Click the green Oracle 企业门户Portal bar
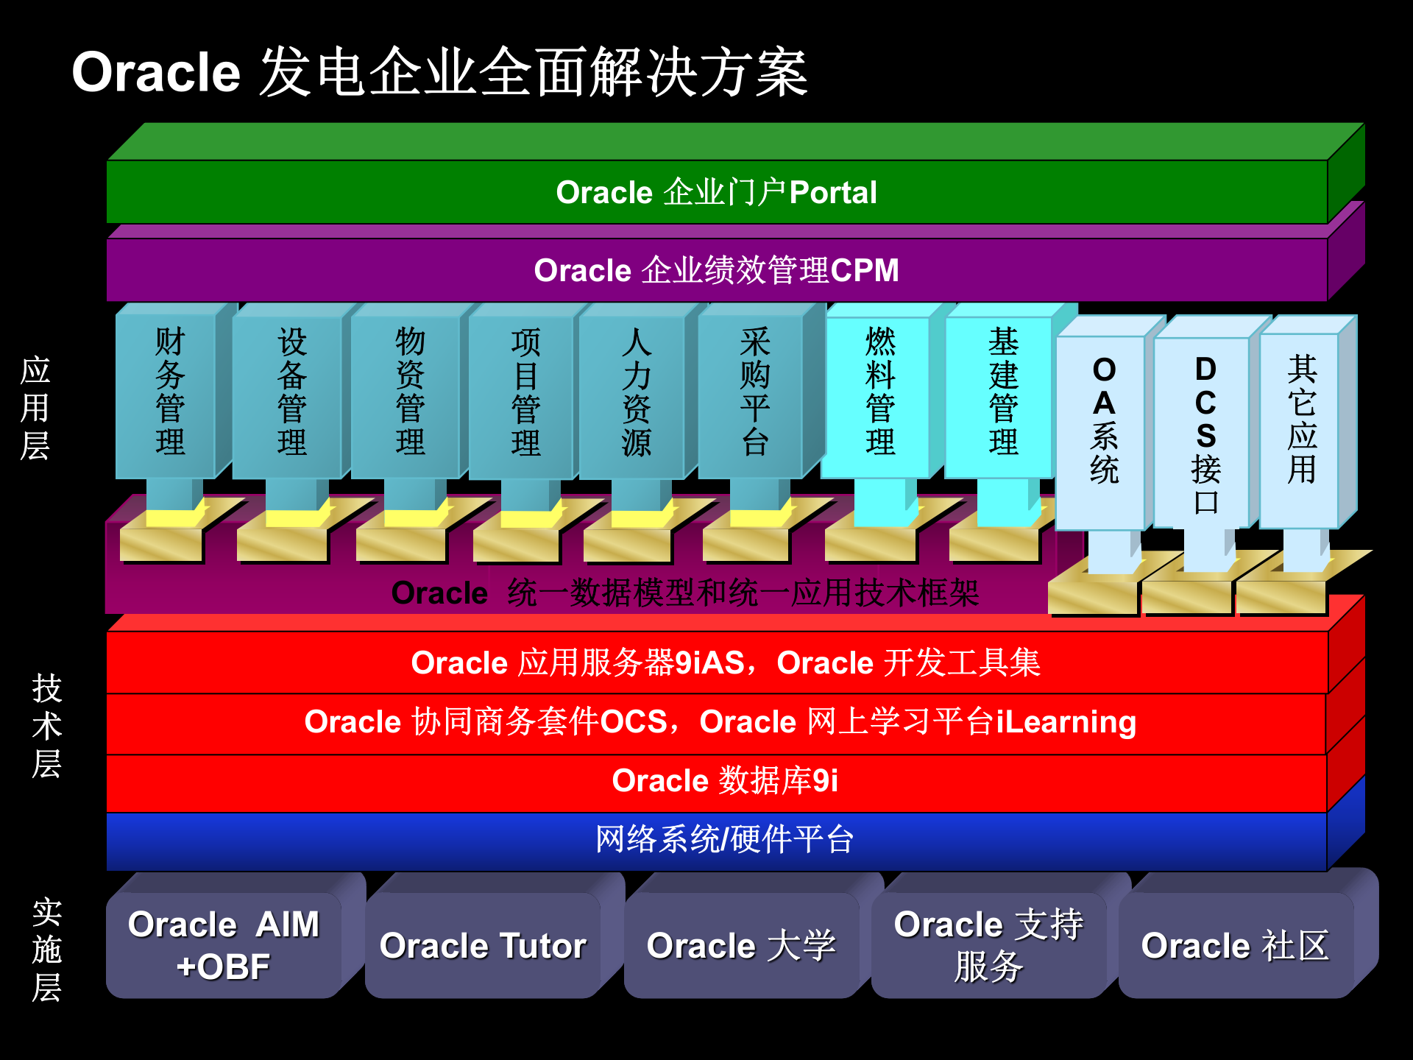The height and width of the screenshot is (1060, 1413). click(716, 192)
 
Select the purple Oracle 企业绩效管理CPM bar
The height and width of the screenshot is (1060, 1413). click(716, 270)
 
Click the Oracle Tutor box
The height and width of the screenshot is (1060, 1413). click(483, 946)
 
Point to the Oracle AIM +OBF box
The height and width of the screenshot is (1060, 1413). click(224, 946)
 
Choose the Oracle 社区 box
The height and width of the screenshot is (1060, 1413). click(1235, 946)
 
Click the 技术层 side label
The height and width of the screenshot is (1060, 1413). click(46, 726)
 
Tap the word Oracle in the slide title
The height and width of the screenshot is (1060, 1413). click(156, 74)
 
